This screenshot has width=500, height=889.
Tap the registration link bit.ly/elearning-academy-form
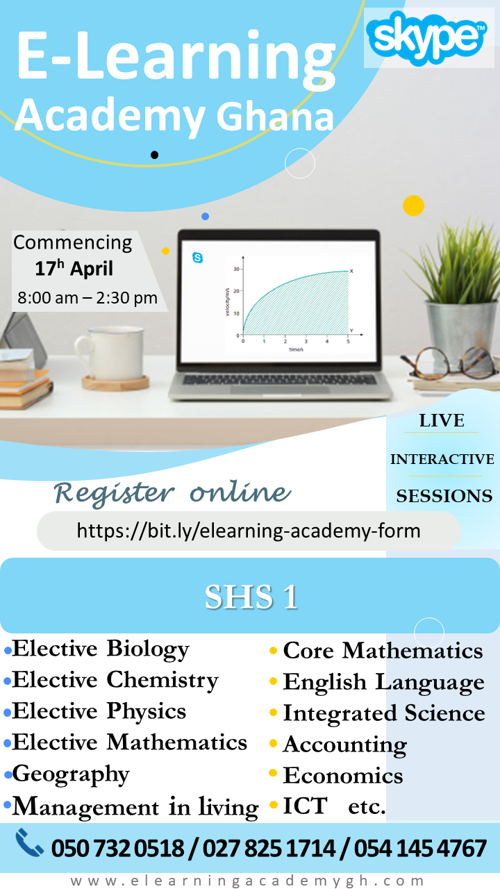tap(249, 531)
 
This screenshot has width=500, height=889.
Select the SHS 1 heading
tap(251, 597)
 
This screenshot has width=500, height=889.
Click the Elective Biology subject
tap(101, 649)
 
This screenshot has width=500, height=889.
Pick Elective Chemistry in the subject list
tap(115, 680)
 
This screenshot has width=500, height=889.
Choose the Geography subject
tap(71, 774)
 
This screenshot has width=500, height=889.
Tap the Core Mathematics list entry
tap(383, 651)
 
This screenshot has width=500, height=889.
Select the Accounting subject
tap(344, 745)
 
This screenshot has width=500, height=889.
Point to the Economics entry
tap(343, 775)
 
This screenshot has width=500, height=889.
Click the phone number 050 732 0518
tap(118, 848)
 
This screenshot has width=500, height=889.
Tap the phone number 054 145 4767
tap(420, 848)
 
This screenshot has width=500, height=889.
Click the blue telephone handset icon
tap(30, 844)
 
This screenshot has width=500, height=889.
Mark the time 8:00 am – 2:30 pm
tap(87, 299)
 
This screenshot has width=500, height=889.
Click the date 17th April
tap(74, 269)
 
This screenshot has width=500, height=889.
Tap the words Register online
tap(172, 492)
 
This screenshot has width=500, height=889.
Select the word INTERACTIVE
tap(442, 459)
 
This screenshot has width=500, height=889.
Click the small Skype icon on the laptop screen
tap(198, 258)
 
